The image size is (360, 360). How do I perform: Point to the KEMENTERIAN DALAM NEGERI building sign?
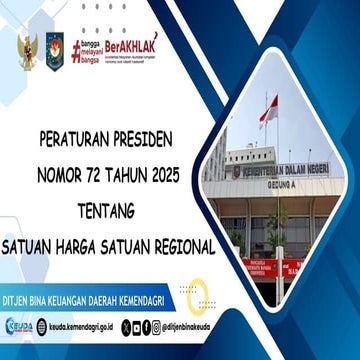pos(284,170)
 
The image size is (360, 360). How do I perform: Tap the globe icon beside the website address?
pos(42,327)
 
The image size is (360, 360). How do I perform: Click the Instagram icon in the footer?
pos(136,327)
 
